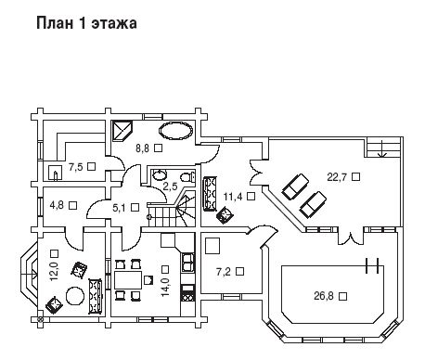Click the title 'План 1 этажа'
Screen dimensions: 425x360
[x=86, y=23]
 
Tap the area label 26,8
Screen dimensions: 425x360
[x=324, y=296]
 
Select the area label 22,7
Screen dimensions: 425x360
[x=337, y=177]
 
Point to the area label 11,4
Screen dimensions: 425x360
[x=233, y=196]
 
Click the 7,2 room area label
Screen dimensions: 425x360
[x=224, y=272]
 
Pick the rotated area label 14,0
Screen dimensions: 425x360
[x=165, y=287]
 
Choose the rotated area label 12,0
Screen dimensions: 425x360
[x=55, y=271]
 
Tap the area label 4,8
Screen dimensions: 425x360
[x=57, y=205]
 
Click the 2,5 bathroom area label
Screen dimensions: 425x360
[x=170, y=186]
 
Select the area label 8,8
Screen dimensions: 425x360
[x=142, y=148]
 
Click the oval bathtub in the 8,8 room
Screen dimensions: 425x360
[x=176, y=132]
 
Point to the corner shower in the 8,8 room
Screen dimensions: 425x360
[x=122, y=130]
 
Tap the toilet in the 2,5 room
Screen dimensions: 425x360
[x=188, y=176]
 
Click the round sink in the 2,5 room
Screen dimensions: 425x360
[x=160, y=174]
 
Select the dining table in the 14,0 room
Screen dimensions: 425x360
[x=128, y=280]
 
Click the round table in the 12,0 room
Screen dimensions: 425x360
[x=75, y=296]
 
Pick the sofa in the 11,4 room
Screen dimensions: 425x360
[x=210, y=194]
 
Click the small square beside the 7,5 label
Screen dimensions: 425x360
[x=91, y=166]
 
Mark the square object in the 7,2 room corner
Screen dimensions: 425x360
[x=212, y=246]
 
